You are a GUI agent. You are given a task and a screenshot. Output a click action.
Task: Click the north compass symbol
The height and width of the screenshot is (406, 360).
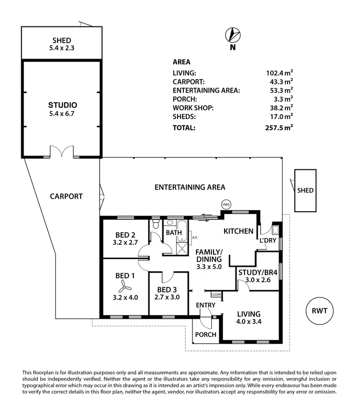233,35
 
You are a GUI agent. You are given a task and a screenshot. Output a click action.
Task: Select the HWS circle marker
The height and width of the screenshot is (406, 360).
226,204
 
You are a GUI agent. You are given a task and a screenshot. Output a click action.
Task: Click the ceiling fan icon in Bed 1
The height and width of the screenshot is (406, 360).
123,287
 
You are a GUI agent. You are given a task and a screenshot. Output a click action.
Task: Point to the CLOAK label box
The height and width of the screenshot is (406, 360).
216,294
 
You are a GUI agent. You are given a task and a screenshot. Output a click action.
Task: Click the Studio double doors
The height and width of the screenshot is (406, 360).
62,152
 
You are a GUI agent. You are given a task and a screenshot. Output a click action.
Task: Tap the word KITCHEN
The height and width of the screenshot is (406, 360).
239,231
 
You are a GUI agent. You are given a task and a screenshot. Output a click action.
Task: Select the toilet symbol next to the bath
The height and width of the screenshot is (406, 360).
155,225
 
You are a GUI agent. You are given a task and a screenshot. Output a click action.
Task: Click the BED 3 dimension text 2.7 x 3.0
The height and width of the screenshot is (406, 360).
168,297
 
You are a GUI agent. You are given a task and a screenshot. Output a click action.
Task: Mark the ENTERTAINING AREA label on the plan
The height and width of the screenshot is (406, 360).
190,187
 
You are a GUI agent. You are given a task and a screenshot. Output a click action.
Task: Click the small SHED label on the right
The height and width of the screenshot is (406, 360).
305,191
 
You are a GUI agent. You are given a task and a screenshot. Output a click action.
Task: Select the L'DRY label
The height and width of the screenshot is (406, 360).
268,240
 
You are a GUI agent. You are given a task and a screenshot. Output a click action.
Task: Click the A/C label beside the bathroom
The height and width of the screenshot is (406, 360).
194,237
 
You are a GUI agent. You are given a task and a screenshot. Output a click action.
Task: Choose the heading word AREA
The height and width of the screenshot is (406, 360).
181,62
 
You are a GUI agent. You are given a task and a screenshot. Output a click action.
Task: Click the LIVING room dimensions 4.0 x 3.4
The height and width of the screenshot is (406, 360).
249,322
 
